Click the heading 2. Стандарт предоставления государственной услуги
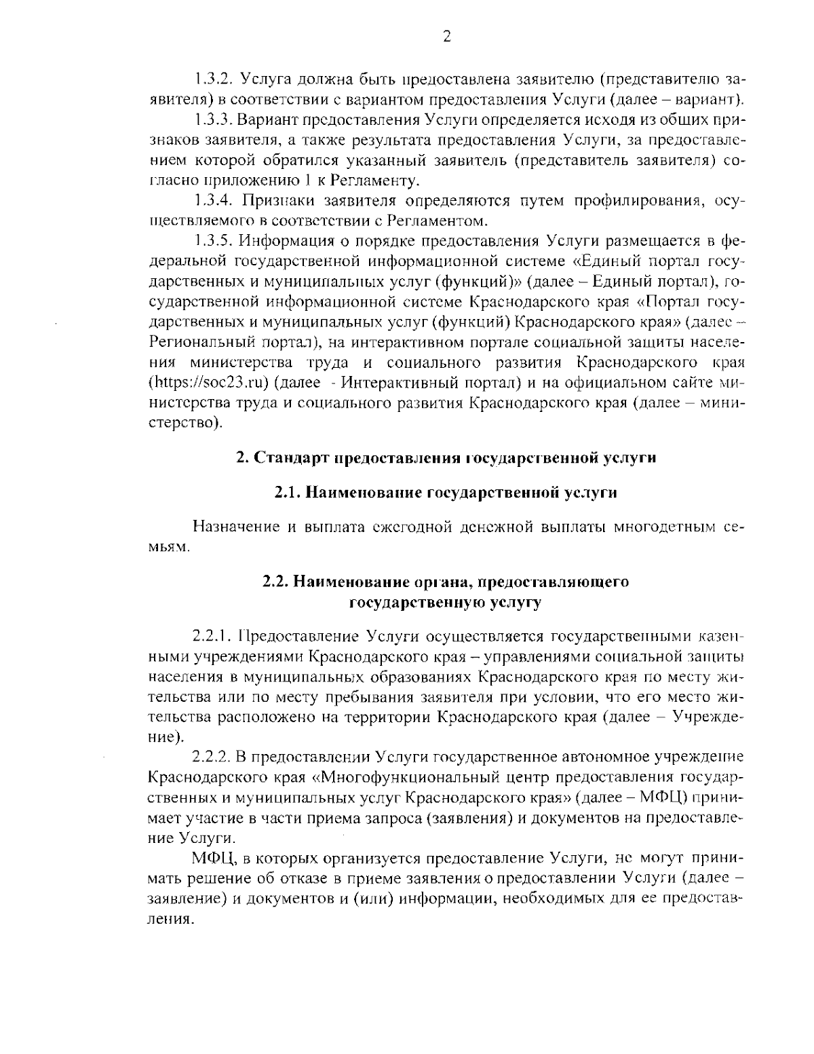coord(446,457)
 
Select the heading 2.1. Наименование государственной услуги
coord(446,493)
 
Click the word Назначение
coord(232,527)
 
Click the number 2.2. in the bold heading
coord(276,582)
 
